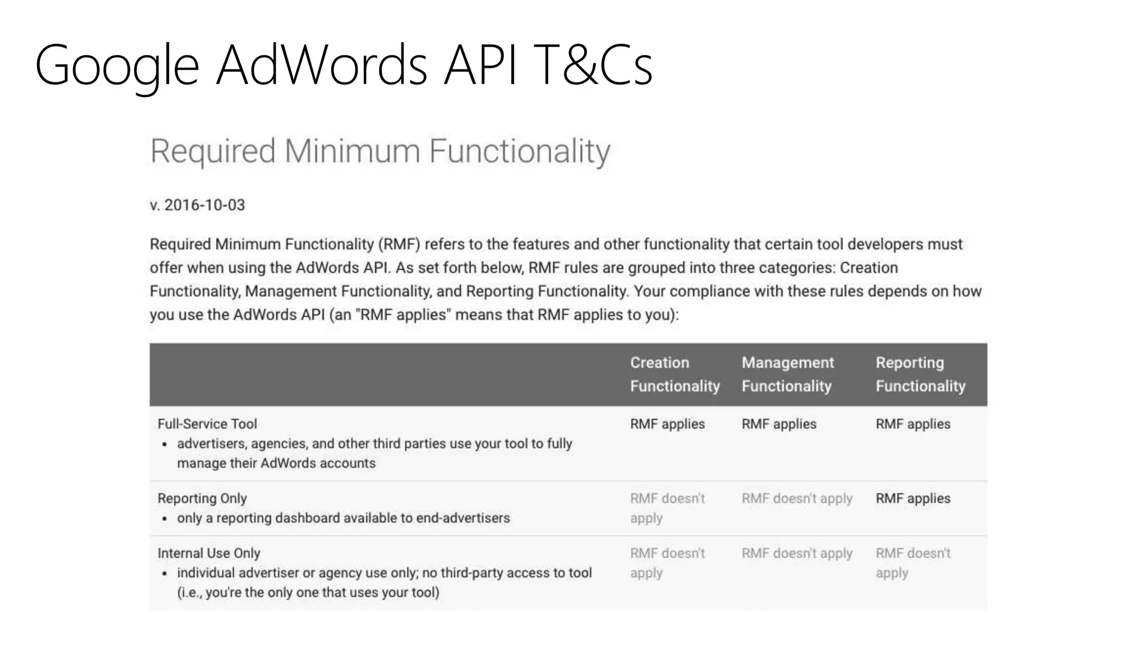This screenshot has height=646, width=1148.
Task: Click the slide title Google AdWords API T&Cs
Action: pos(343,65)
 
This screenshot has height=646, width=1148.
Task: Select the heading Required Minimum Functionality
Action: pos(380,151)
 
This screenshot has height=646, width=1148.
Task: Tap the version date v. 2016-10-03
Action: pos(197,205)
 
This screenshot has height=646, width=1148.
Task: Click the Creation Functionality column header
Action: pos(674,374)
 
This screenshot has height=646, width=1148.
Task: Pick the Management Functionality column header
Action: pos(788,374)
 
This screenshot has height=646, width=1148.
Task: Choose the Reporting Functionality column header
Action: pos(920,374)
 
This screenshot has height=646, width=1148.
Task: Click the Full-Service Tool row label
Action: pos(207,424)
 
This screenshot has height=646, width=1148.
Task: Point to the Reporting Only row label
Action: pos(202,499)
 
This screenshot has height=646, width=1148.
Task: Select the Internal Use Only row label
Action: pos(209,553)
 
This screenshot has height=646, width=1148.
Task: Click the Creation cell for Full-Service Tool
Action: pos(667,424)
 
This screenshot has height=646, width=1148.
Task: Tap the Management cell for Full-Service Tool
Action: pos(779,424)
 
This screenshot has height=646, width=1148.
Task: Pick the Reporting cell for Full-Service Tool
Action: pos(913,424)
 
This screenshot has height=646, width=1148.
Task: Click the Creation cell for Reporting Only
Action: pos(667,508)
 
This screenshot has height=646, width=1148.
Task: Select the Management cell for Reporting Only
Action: pos(797,499)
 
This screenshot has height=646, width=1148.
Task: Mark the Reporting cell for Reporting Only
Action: pos(913,499)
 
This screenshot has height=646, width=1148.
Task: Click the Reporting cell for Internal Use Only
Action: pos(913,563)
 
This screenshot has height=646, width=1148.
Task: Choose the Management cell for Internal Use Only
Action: pos(797,553)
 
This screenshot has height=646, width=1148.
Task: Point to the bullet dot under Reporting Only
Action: pos(165,519)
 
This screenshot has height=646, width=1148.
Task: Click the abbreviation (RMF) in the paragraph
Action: pos(399,244)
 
